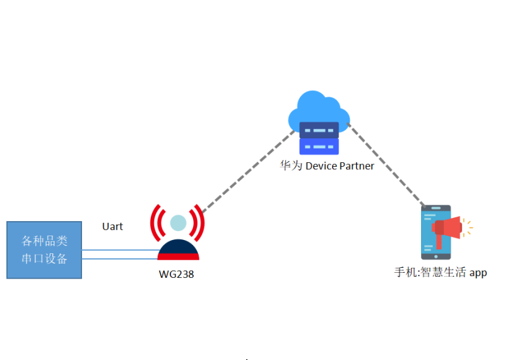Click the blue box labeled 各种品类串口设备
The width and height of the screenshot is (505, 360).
(44, 250)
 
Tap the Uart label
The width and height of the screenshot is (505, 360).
(112, 226)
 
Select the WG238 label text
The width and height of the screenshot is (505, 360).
(176, 274)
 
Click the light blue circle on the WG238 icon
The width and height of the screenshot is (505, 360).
(178, 222)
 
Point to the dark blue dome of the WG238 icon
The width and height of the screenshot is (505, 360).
(178, 248)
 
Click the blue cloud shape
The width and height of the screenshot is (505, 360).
(314, 109)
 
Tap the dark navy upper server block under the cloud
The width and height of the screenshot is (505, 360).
(319, 130)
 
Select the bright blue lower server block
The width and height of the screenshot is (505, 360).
(319, 147)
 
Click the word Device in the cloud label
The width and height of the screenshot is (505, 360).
(321, 166)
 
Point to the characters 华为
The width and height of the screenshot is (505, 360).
(292, 166)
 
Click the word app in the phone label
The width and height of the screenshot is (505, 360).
(478, 273)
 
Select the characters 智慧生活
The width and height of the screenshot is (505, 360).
(443, 273)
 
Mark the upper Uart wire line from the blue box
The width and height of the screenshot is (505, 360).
(120, 250)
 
